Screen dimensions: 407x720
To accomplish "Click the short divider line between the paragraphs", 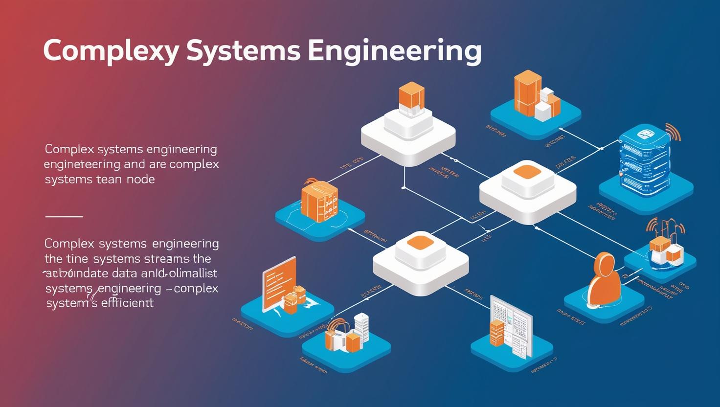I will (64, 216).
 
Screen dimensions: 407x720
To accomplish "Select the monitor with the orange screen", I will (280, 281).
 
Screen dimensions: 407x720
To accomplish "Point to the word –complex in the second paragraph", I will (192, 288).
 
